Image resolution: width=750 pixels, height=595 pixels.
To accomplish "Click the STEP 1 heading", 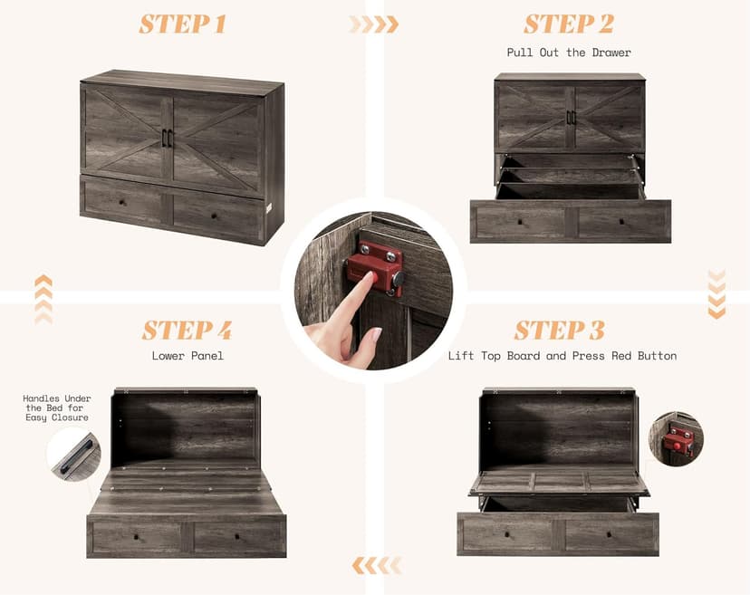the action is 182,24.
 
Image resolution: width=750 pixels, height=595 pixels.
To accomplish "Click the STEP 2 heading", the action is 569,24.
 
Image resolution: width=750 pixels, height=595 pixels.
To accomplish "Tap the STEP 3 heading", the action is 559,330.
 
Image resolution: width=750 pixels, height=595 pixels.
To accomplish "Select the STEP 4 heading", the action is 187,330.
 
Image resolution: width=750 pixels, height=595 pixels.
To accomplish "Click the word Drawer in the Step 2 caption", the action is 611,53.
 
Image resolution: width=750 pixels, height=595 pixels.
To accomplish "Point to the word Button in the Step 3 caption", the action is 658,356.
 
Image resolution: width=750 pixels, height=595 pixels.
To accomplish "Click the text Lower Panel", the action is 187,356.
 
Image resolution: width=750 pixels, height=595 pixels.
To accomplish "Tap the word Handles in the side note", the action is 41,398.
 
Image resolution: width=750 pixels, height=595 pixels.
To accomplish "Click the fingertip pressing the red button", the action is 370,277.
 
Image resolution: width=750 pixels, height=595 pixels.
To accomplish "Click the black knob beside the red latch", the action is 398,278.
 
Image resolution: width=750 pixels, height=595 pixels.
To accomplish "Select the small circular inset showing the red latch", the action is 676,438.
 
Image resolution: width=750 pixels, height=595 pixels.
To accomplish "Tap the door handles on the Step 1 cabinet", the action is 168,138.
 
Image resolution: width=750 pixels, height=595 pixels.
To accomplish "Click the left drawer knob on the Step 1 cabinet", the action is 123,202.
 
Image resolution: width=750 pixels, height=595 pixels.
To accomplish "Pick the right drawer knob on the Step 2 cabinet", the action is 621,222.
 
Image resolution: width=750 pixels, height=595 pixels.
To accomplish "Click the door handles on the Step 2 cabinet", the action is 570,118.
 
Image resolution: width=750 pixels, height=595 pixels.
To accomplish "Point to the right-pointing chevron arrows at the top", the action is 373,24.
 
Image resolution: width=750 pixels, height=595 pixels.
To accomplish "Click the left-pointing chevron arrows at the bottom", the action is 377,566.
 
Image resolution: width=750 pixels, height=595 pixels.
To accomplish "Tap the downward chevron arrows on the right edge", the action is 716,293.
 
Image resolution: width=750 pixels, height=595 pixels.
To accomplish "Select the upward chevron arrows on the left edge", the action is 43,300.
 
